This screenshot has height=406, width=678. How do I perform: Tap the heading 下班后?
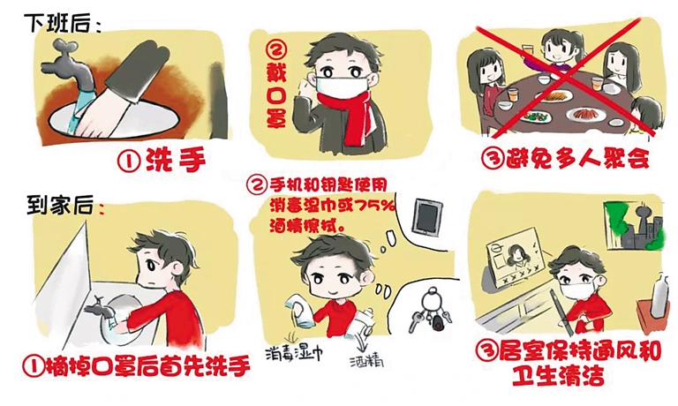point(59,23)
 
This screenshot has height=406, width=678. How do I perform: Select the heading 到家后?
point(60,205)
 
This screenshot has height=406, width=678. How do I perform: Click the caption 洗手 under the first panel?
point(175,161)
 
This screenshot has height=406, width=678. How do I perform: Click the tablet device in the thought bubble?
point(427,217)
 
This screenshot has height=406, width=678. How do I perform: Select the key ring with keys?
point(431,312)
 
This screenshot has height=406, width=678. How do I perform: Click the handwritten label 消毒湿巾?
point(294,353)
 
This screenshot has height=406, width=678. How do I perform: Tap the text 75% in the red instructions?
point(375,206)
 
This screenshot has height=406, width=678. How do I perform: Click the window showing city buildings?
point(633,226)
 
